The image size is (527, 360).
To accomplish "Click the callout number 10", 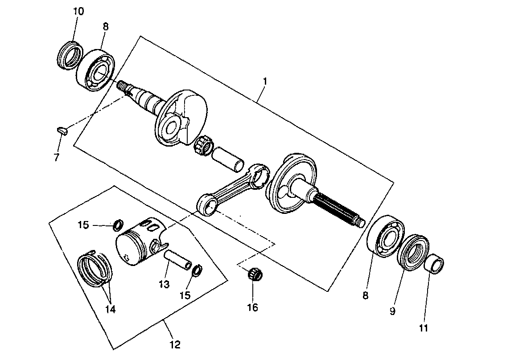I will click(x=78, y=12).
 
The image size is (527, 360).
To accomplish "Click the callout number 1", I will click(x=265, y=82).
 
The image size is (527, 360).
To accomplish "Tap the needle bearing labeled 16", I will click(x=254, y=274).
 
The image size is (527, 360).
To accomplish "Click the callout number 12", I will click(x=175, y=344).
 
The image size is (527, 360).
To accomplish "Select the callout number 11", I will click(x=423, y=328).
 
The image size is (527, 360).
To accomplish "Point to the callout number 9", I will click(x=392, y=311).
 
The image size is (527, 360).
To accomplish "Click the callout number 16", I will click(x=253, y=307).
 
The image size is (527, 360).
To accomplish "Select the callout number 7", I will click(x=56, y=157).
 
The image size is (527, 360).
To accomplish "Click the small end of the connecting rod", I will click(x=206, y=206).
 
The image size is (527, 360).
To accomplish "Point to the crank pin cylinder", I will click(x=228, y=159).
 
